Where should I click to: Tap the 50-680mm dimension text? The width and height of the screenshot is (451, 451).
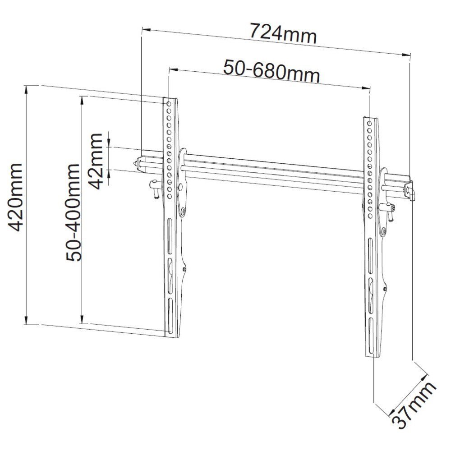click(272, 71)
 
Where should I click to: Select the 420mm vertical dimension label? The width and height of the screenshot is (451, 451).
click(15, 198)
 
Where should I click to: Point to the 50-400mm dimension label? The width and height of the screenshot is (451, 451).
click(73, 212)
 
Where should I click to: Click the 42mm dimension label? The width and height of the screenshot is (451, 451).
click(96, 161)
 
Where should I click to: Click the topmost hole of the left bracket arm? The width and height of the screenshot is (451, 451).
click(169, 104)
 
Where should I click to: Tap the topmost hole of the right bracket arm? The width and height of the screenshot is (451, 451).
click(369, 124)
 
